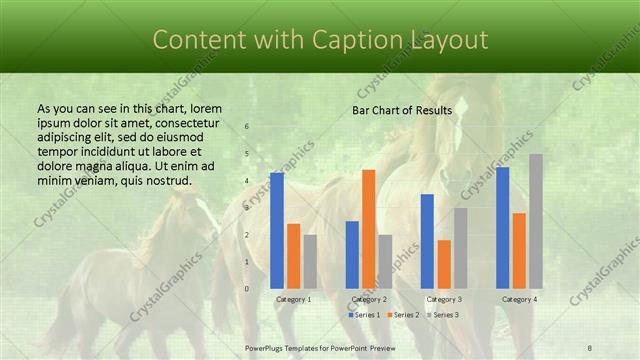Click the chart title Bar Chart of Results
pyautogui.click(x=402, y=110)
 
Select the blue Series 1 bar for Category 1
pyautogui.click(x=277, y=230)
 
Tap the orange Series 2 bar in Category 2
pyautogui.click(x=369, y=229)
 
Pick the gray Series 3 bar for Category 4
pyautogui.click(x=536, y=221)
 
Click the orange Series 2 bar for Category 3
pyautogui.click(x=444, y=264)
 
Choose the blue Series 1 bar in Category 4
pyautogui.click(x=502, y=227)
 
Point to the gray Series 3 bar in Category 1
pyautogui.click(x=310, y=261)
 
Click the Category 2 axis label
pyautogui.click(x=369, y=299)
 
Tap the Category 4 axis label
pyautogui.click(x=519, y=299)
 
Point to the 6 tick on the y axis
pyautogui.click(x=247, y=127)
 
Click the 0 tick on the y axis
pyautogui.click(x=247, y=289)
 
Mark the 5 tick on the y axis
pyautogui.click(x=247, y=154)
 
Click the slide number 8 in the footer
pyautogui.click(x=590, y=348)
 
